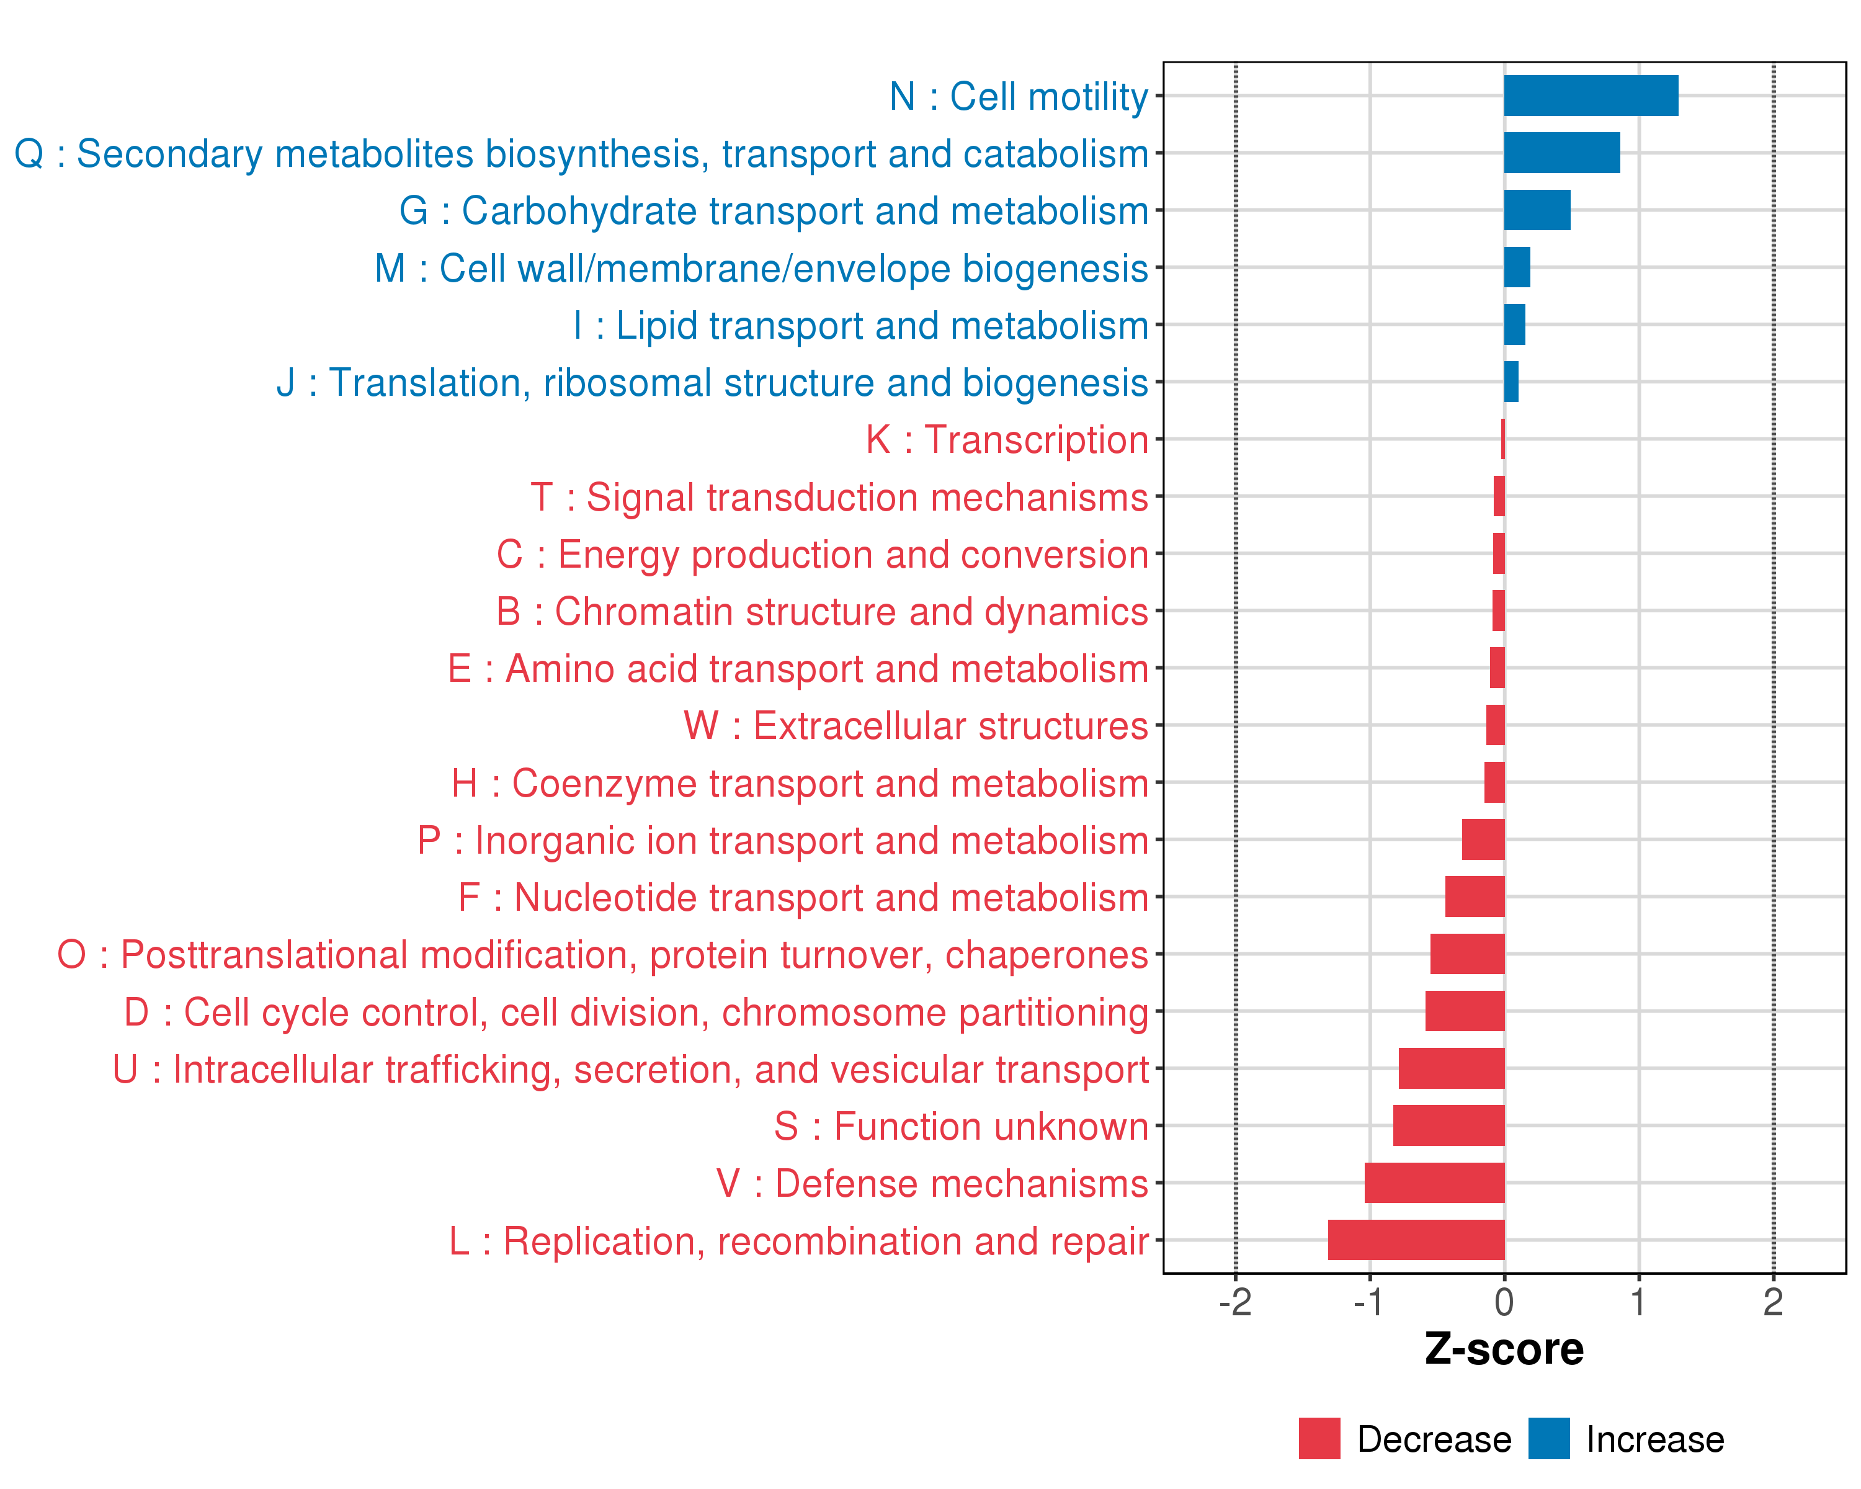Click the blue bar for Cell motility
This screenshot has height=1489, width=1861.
[x=1591, y=96]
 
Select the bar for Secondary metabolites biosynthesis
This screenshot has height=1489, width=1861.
[x=1561, y=153]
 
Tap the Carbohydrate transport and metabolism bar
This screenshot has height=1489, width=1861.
[x=1537, y=210]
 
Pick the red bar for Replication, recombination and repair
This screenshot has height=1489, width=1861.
[x=1416, y=1240]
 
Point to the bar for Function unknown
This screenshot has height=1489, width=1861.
[x=1448, y=1125]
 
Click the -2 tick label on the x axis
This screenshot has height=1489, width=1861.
[x=1235, y=1302]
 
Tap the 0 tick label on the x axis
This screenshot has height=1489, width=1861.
[x=1504, y=1302]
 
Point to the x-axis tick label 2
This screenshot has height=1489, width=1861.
[x=1773, y=1302]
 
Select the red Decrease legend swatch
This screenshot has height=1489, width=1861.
[x=1319, y=1439]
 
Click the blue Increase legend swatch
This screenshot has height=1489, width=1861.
[x=1548, y=1439]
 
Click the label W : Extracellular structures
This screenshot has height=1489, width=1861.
[x=915, y=726]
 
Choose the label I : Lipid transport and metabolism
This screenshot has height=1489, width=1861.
[x=860, y=326]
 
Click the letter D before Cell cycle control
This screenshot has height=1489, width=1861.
[x=136, y=1013]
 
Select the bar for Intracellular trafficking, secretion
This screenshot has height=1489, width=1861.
[x=1451, y=1068]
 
